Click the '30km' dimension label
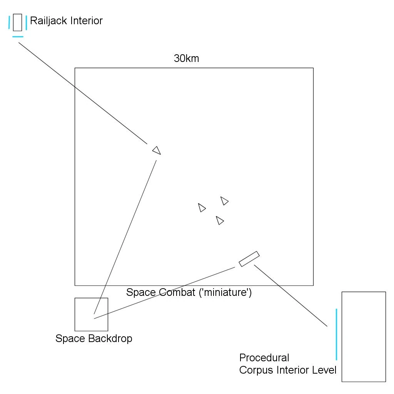[x=187, y=58]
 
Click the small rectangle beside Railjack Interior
[x=17, y=22]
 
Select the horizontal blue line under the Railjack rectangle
[x=18, y=37]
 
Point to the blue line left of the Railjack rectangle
[x=9, y=22]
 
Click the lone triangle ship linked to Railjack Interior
[x=157, y=150]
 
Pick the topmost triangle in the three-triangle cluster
[x=224, y=201]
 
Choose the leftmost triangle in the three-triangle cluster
[x=202, y=207]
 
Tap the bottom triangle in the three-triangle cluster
[x=220, y=220]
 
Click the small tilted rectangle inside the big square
[x=249, y=259]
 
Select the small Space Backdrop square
[x=92, y=314]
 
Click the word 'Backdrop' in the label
[x=110, y=339]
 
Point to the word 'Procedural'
[x=264, y=357]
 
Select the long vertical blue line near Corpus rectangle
[x=336, y=334]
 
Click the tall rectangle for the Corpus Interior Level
[x=364, y=337]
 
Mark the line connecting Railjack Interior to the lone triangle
[x=83, y=93]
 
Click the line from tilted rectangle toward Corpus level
[x=291, y=295]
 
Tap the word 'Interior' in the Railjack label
[x=87, y=21]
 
